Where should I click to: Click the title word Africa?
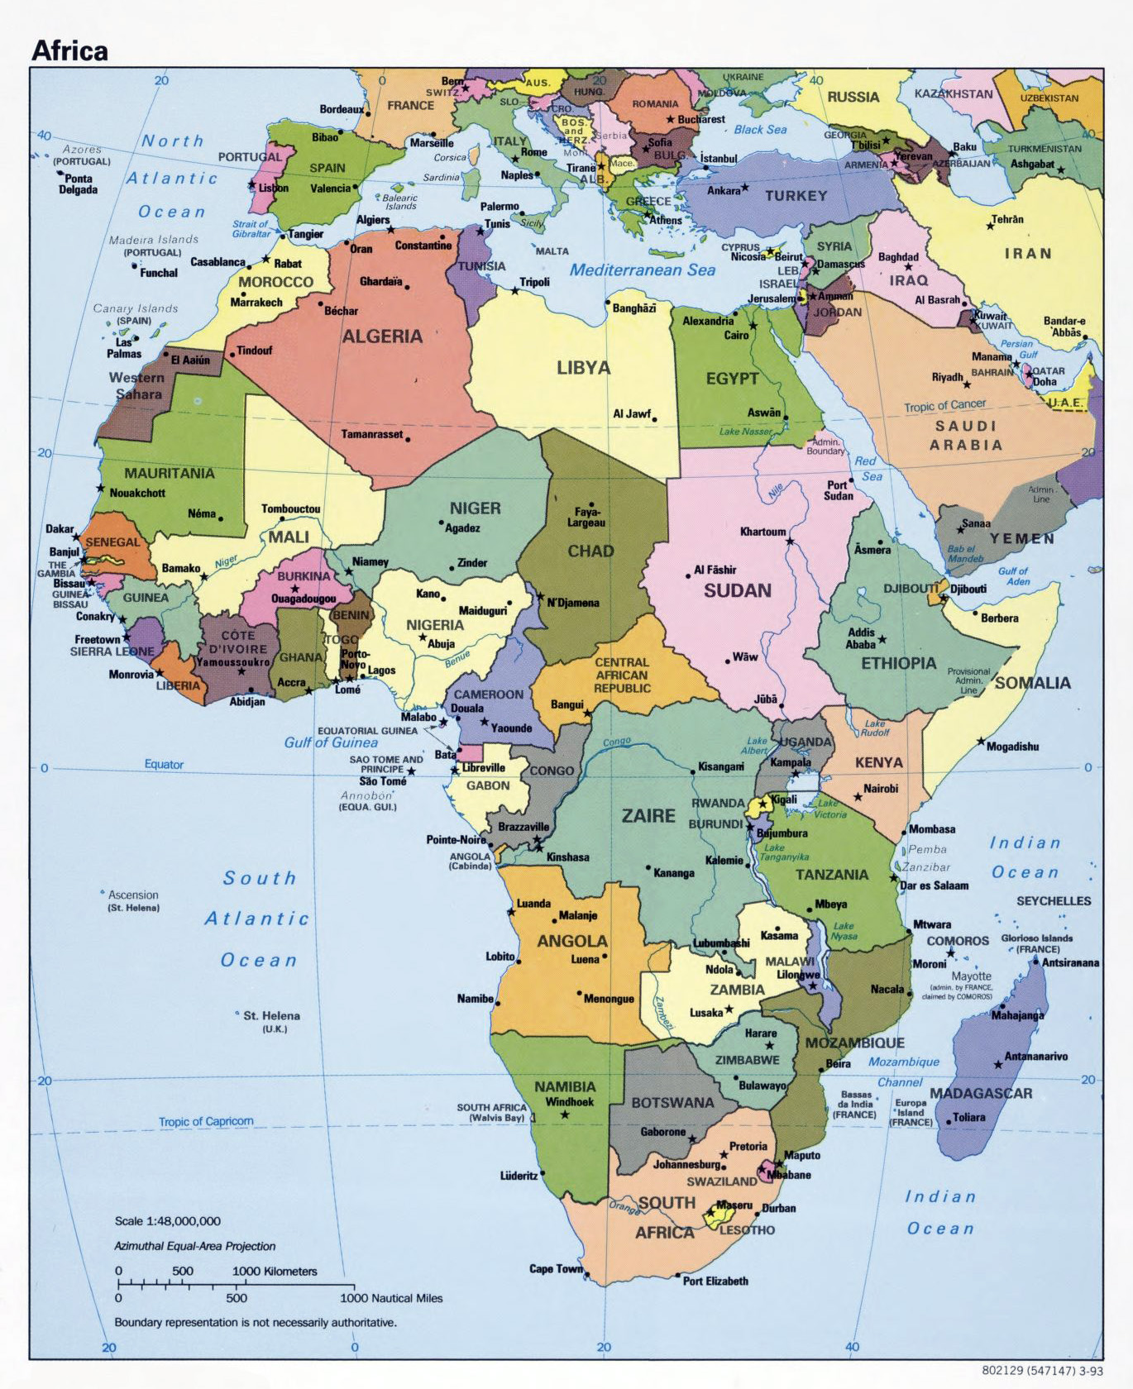[69, 50]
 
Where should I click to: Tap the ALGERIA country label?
[382, 337]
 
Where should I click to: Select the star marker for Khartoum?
[790, 542]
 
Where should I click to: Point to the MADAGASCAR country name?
[981, 1093]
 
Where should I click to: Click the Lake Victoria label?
[831, 809]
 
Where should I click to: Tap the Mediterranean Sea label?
[642, 270]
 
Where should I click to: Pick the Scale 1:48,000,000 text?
[168, 1221]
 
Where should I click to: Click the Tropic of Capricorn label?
[206, 1121]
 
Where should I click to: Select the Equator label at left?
[164, 764]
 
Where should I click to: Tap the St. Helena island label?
[271, 1016]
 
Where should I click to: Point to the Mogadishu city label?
[1012, 747]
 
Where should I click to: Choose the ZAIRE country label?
[648, 816]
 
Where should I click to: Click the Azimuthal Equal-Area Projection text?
[195, 1246]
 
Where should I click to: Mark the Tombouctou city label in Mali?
[291, 509]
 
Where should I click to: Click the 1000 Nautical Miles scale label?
[391, 1298]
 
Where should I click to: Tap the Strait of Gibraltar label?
[251, 229]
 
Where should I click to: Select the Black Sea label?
[760, 130]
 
